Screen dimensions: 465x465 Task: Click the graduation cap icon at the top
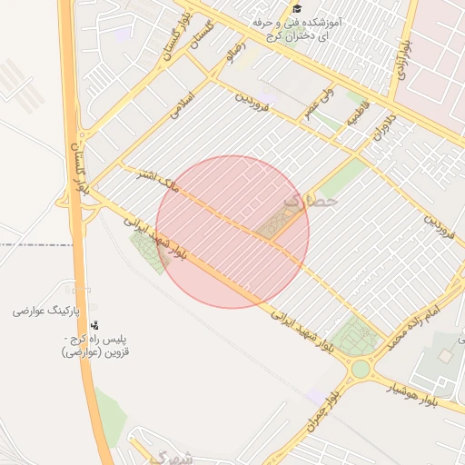click(x=297, y=7)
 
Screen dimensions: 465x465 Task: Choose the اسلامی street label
click(x=183, y=103)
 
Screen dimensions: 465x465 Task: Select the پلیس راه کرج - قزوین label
click(x=95, y=345)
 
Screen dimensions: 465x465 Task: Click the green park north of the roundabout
click(x=354, y=337)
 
